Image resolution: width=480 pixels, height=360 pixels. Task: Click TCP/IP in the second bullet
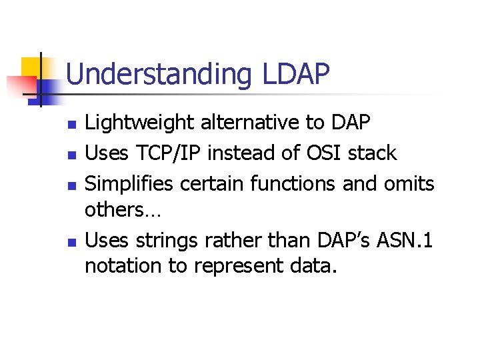click(170, 153)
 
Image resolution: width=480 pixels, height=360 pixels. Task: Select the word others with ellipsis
click(114, 210)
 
